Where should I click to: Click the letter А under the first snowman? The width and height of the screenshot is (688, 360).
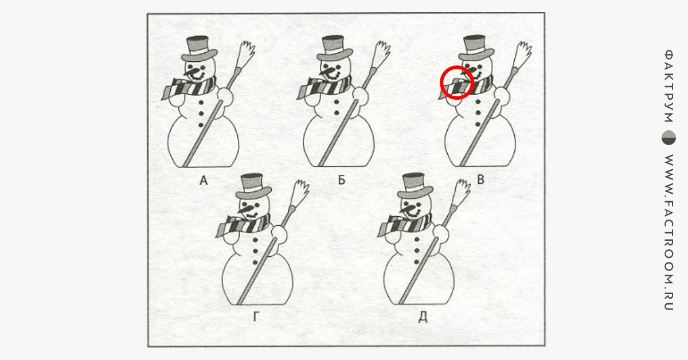(204, 181)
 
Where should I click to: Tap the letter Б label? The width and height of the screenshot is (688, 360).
(342, 180)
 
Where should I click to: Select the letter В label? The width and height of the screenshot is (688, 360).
(480, 179)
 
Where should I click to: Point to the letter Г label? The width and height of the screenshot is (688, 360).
(256, 316)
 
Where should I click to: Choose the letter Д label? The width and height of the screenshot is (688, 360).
(423, 316)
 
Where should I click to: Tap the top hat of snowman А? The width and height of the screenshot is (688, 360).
(199, 49)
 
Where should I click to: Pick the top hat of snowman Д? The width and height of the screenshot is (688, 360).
(415, 186)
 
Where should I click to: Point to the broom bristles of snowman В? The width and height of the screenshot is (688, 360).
(522, 53)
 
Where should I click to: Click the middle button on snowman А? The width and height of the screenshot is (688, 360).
(201, 114)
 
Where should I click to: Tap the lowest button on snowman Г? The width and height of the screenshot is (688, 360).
(255, 263)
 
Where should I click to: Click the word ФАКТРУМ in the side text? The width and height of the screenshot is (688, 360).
(669, 85)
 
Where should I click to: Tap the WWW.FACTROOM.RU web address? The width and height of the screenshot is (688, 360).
(669, 232)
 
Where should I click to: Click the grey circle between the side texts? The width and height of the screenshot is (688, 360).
(669, 138)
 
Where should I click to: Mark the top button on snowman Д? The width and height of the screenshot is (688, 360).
(417, 239)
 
